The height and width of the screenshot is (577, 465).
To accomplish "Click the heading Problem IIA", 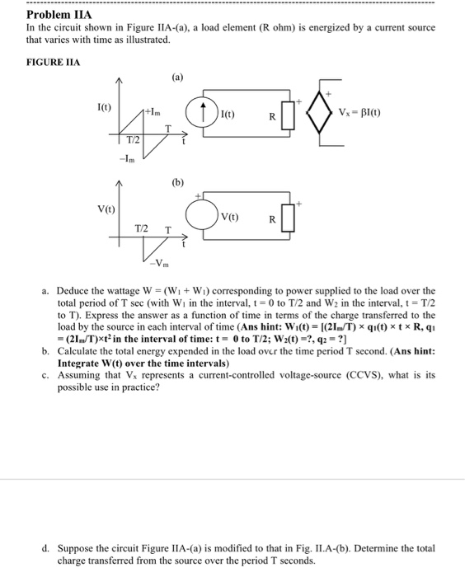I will pos(59,15).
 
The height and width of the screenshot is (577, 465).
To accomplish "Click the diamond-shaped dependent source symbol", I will pos(317,114).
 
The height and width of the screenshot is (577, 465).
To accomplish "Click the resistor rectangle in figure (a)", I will pos(287,115).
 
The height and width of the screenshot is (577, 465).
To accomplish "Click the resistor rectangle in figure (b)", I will pos(287,220).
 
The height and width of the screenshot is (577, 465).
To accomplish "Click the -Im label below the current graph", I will pos(127,158).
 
